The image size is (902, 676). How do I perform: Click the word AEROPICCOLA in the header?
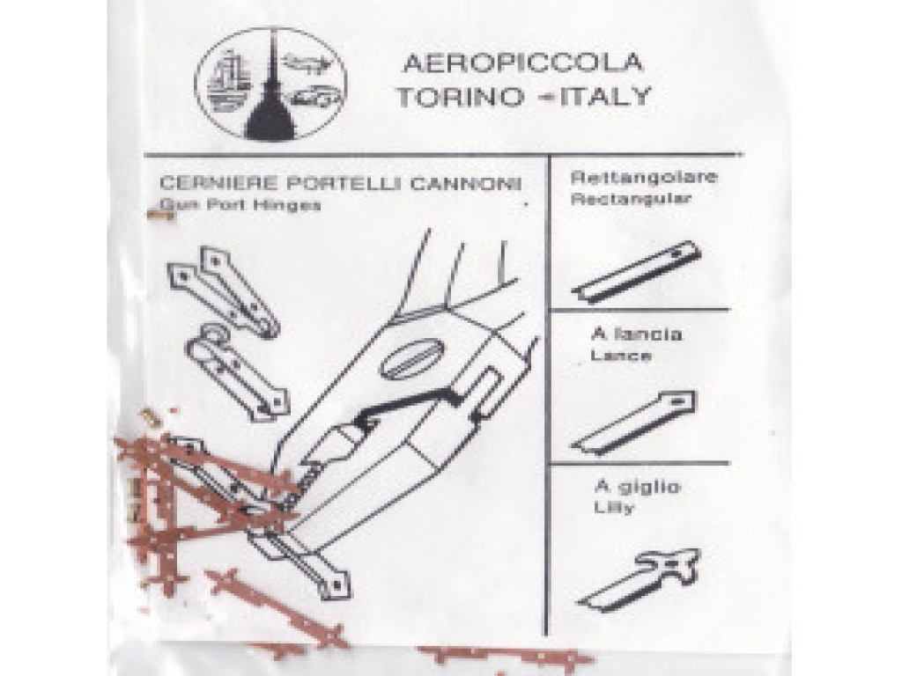(522, 62)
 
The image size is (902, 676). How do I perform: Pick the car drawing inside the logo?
(314, 99)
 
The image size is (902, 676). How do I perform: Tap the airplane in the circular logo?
(307, 63)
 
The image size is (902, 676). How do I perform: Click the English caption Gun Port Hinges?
(240, 204)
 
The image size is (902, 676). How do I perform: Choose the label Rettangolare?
(644, 176)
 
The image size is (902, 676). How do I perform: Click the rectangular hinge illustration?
(637, 271)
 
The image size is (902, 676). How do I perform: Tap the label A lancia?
(636, 334)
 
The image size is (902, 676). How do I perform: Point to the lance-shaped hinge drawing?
(634, 422)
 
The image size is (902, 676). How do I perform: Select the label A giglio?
(638, 487)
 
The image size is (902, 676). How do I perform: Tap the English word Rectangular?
(631, 200)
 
